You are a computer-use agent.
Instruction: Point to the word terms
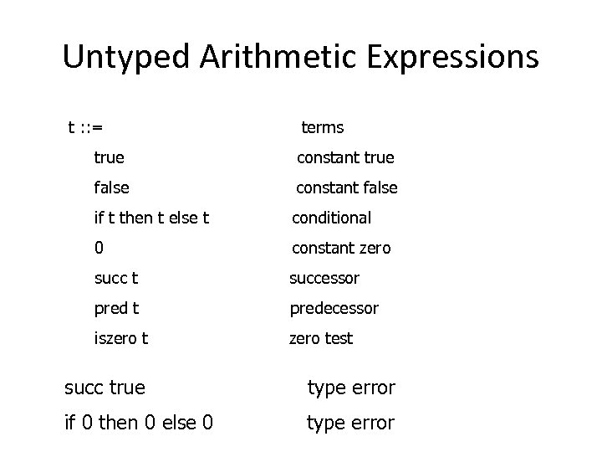[x=322, y=127]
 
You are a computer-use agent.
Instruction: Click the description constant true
[x=345, y=157]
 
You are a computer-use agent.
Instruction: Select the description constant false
[x=347, y=187]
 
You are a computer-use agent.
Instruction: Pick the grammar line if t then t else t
[x=151, y=218]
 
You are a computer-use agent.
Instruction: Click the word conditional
[x=331, y=218]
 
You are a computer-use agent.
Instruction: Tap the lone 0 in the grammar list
[x=99, y=248]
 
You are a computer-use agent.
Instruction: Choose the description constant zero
[x=340, y=248]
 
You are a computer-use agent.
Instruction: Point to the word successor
[x=324, y=278]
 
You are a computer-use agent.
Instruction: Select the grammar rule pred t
[x=117, y=308]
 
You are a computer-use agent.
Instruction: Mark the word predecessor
[x=334, y=308]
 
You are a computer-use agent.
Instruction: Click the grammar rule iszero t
[x=121, y=338]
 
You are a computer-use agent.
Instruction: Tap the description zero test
[x=321, y=338]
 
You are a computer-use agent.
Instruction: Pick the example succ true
[x=105, y=388]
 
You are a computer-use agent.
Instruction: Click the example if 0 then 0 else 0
[x=138, y=424]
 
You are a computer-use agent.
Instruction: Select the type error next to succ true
[x=350, y=388]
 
